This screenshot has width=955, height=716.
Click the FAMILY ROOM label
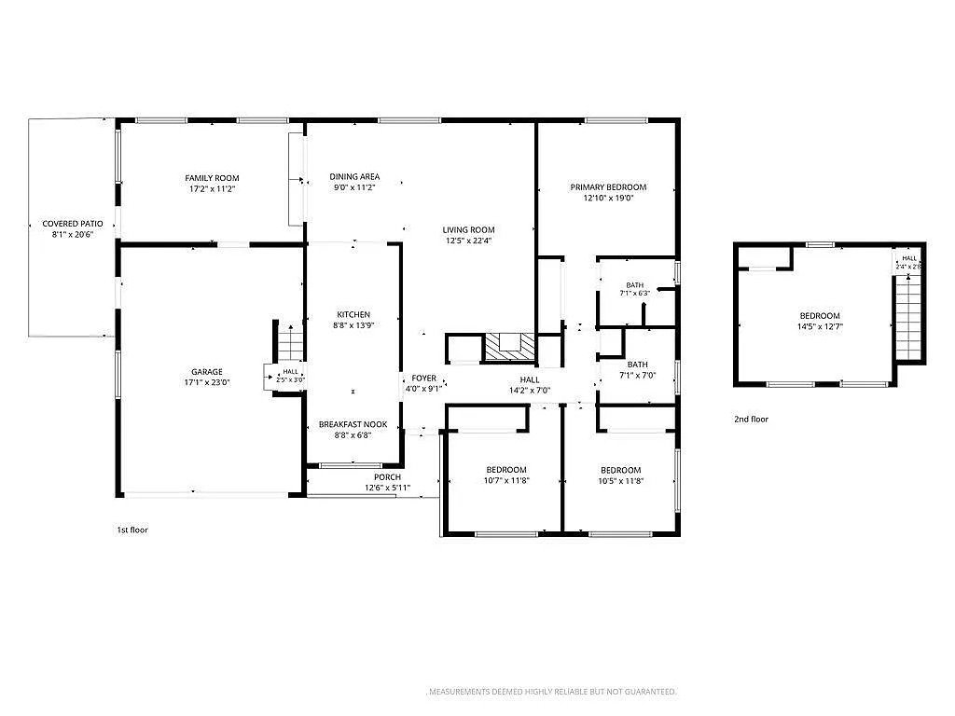[x=212, y=178]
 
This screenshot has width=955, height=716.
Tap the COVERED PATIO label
[x=73, y=224]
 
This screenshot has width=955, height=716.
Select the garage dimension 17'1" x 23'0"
[x=207, y=383]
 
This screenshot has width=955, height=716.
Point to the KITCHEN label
[x=353, y=315]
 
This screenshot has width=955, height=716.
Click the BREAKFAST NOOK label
[x=353, y=424]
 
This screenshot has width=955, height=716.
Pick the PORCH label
[x=387, y=477]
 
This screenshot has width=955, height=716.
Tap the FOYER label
[x=424, y=379]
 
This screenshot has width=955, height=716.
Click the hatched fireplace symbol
[x=510, y=348]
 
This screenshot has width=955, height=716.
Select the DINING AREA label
[x=354, y=176]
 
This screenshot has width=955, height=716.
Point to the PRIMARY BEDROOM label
[x=608, y=186]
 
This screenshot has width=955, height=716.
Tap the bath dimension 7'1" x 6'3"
[x=634, y=294]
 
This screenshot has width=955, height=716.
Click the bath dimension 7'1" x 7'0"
[x=638, y=376]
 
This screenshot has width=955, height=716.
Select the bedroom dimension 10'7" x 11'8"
[x=506, y=481]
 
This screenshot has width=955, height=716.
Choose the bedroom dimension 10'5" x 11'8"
[x=620, y=481]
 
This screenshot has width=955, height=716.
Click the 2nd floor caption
[x=751, y=419]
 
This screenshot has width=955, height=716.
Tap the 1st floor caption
[x=132, y=530]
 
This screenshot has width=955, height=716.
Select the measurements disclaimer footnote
[x=552, y=692]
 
